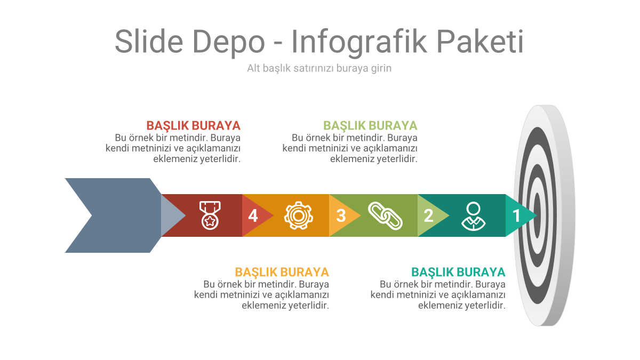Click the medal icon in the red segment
210,215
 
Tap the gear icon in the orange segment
298,215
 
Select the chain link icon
385,215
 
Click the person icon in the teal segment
474,215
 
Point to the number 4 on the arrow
253,215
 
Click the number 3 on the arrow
341,215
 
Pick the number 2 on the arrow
428,215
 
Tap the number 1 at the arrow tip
516,215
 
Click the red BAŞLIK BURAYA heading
194,126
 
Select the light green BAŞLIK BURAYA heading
370,126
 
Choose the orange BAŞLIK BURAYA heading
282,272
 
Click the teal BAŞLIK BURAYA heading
458,272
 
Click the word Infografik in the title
359,42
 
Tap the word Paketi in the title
480,42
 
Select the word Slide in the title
149,42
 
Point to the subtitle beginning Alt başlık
319,68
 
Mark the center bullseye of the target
538,215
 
